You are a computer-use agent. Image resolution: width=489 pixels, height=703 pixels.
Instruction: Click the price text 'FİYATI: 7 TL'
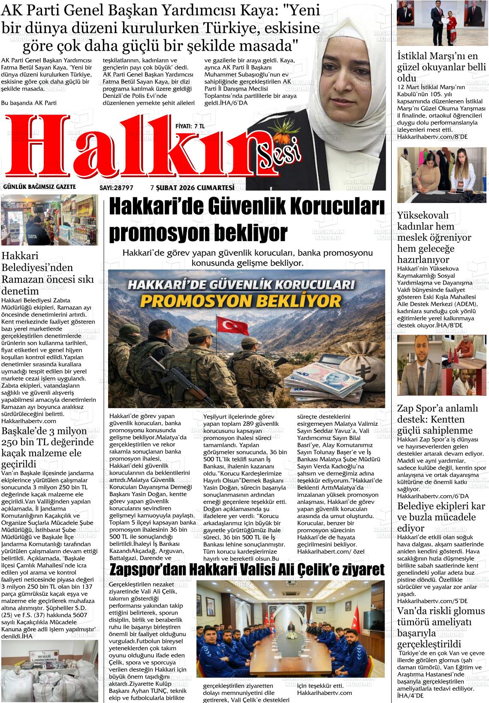point(190,126)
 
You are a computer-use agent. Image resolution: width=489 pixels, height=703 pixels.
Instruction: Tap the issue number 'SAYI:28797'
point(117,188)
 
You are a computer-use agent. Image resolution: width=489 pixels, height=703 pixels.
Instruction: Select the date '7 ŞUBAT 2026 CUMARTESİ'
point(192,188)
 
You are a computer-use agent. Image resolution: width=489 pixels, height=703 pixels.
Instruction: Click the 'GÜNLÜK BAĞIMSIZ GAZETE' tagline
point(39,187)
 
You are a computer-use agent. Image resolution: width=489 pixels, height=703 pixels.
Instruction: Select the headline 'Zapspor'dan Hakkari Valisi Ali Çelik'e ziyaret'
point(247,570)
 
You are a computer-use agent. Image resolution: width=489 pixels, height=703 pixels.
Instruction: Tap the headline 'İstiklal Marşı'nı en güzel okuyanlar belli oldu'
point(441,67)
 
